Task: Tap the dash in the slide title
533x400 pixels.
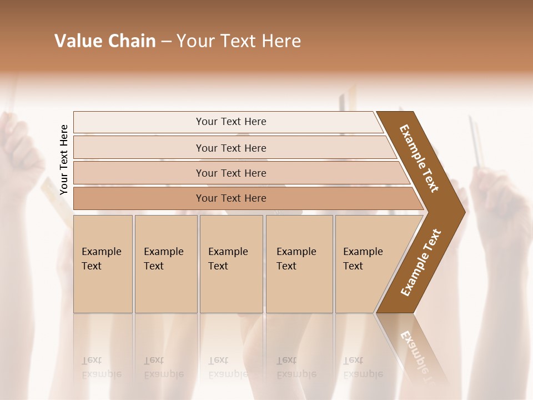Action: click(x=167, y=42)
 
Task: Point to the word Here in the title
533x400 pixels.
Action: click(x=281, y=41)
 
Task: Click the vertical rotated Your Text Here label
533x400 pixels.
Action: click(x=64, y=159)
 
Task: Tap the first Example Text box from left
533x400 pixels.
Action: click(x=103, y=264)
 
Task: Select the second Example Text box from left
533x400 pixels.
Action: click(x=166, y=264)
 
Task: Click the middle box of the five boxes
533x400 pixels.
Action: click(x=231, y=264)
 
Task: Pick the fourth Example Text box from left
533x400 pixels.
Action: click(x=299, y=264)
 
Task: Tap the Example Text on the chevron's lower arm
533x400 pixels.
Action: click(x=420, y=263)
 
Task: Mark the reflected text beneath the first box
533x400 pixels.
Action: click(x=102, y=368)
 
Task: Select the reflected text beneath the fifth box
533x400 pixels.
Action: click(x=363, y=368)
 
